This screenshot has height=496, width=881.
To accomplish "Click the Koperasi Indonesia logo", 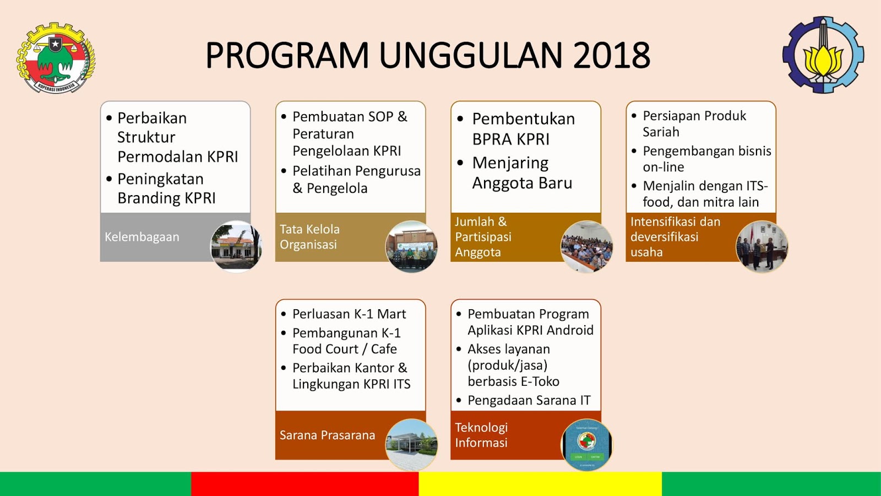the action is [x=56, y=57].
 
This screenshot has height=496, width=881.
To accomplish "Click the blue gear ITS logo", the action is [x=823, y=55].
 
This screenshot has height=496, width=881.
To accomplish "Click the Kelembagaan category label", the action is [x=142, y=237].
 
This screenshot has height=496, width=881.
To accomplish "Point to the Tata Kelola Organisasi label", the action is [x=309, y=237].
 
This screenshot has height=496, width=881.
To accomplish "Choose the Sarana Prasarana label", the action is [x=327, y=435].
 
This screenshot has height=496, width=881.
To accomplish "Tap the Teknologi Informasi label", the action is [x=481, y=435].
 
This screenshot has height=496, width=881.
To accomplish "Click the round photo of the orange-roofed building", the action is [x=236, y=246].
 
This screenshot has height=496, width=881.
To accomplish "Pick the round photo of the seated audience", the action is [x=586, y=246].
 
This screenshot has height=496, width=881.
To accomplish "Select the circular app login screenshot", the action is [x=586, y=445].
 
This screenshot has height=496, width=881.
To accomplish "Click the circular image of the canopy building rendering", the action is [x=411, y=445].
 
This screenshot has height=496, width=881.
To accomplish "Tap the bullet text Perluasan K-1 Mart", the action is [x=349, y=314].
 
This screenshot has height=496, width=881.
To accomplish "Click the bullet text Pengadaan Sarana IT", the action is [x=529, y=400].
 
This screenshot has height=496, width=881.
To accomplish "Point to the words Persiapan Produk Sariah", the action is [x=694, y=123].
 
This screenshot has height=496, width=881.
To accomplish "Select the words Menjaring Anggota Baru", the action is [x=522, y=173].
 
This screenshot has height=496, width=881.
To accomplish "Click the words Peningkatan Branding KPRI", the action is [x=166, y=188].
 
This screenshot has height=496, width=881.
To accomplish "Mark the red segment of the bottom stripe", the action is [x=305, y=484].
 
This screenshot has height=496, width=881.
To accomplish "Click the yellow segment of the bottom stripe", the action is [x=540, y=484].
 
